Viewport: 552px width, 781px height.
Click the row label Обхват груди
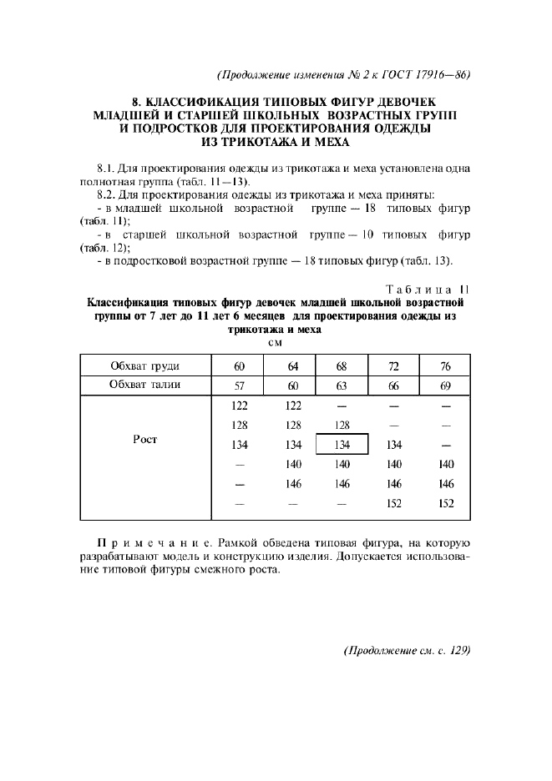145,366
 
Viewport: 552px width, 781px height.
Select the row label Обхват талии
145,385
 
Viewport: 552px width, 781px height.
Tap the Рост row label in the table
145,439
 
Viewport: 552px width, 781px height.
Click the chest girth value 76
445,366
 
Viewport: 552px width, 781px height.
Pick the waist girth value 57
239,385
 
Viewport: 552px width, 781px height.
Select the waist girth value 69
445,385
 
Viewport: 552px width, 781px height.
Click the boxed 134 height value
342,446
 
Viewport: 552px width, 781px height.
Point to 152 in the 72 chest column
394,503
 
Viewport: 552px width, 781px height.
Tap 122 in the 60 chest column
239,406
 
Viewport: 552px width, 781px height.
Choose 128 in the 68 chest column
342,425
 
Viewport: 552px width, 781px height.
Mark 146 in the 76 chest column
445,484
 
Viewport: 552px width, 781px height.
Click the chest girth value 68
342,366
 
